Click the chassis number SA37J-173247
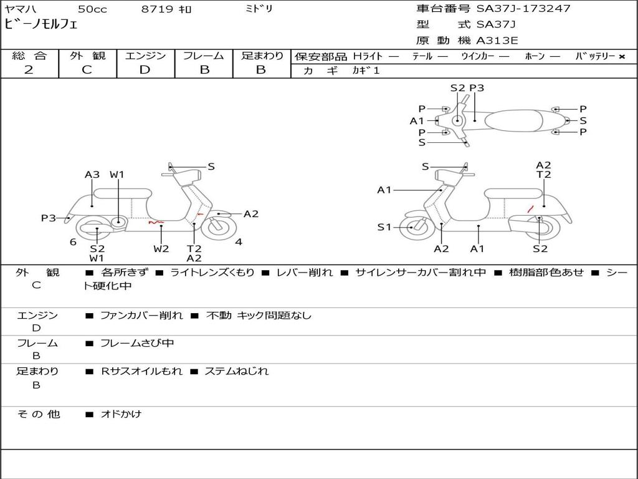point(523,9)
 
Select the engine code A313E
point(497,41)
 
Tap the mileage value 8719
point(157,9)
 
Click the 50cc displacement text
point(92,9)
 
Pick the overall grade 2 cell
point(29,70)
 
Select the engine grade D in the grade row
point(145,70)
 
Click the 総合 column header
point(29,56)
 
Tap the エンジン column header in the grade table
point(145,56)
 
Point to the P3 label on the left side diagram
point(49,218)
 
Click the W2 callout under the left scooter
point(161,249)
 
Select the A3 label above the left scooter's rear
point(92,175)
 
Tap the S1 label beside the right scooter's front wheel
point(384,227)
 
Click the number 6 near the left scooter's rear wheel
point(73,242)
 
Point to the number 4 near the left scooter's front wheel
point(239,242)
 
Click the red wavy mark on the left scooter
point(156,221)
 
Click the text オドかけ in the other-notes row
point(121,414)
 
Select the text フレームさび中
point(137,343)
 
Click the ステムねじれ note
point(237,371)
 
